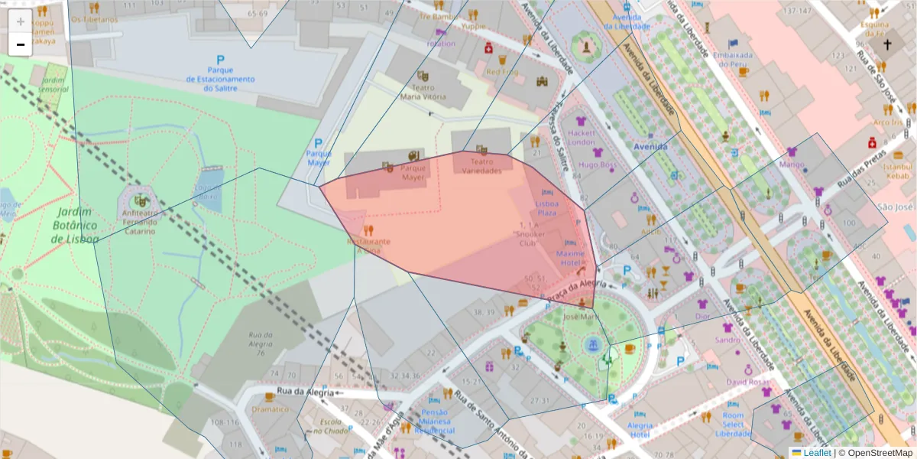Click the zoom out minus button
click(x=21, y=44)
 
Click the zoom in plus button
click(x=21, y=21)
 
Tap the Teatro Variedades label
click(x=481, y=166)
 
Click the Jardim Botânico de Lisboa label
click(x=74, y=225)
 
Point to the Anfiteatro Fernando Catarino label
click(x=137, y=222)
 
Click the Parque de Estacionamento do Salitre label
click(x=220, y=79)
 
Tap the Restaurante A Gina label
click(x=368, y=245)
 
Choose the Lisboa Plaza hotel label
click(x=546, y=208)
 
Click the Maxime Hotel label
click(x=570, y=258)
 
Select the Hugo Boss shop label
click(x=598, y=164)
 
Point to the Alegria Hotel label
click(x=640, y=429)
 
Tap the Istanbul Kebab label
click(x=897, y=171)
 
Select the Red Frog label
click(x=502, y=72)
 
